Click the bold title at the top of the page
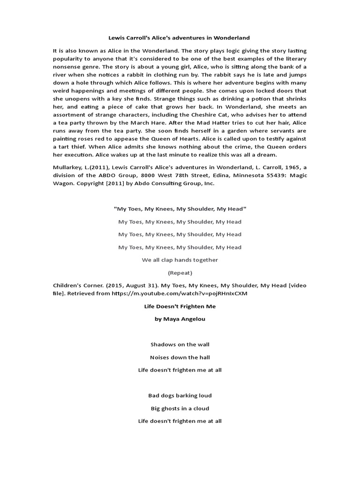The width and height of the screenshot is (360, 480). coord(180,37)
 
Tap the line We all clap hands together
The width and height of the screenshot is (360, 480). coord(180,260)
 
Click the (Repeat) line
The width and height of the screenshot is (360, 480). coord(180,272)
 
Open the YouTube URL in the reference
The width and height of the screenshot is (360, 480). coord(190,294)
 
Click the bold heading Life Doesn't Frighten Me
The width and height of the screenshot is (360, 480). coord(180,306)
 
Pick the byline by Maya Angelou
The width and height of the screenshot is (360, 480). coord(180,319)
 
